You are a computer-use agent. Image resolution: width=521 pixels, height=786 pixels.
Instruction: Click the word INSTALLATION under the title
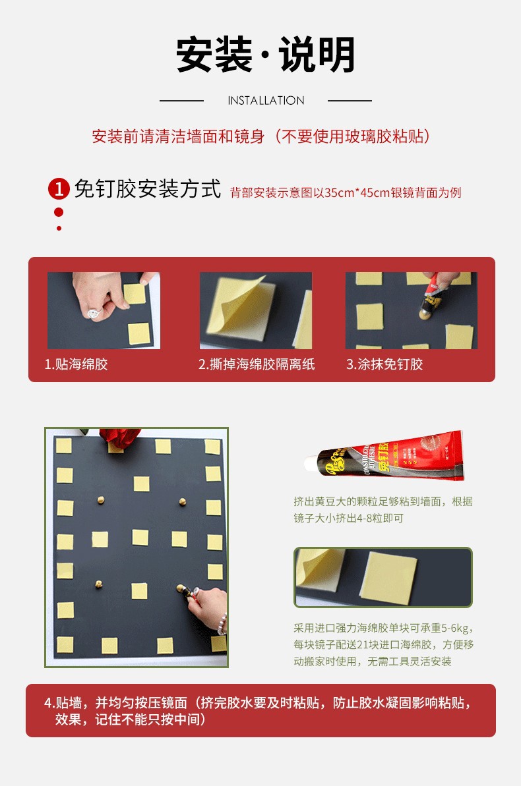[266, 101]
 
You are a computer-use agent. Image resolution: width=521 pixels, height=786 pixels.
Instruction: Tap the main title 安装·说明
[266, 55]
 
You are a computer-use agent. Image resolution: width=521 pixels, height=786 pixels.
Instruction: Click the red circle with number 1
[59, 189]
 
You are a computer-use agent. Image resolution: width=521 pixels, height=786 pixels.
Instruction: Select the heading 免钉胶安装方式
[148, 189]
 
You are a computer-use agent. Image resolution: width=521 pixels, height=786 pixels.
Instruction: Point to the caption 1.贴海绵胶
[77, 364]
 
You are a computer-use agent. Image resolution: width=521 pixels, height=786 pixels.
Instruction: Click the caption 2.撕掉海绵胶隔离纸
[257, 364]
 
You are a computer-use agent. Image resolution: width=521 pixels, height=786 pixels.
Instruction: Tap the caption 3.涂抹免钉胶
[384, 364]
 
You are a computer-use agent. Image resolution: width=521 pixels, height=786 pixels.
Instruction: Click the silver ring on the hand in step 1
[94, 314]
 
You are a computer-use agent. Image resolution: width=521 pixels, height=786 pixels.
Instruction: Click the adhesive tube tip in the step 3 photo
[425, 314]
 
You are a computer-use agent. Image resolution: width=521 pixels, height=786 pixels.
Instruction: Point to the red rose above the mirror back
[120, 437]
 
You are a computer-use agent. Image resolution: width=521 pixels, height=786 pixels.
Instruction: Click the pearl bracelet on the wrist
[222, 624]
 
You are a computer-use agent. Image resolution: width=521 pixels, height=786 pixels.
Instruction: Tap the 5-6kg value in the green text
[456, 628]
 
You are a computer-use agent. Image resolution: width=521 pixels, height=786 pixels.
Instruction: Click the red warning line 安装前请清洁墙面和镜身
[178, 136]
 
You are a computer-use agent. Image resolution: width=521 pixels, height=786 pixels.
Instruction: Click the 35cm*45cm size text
[357, 193]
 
